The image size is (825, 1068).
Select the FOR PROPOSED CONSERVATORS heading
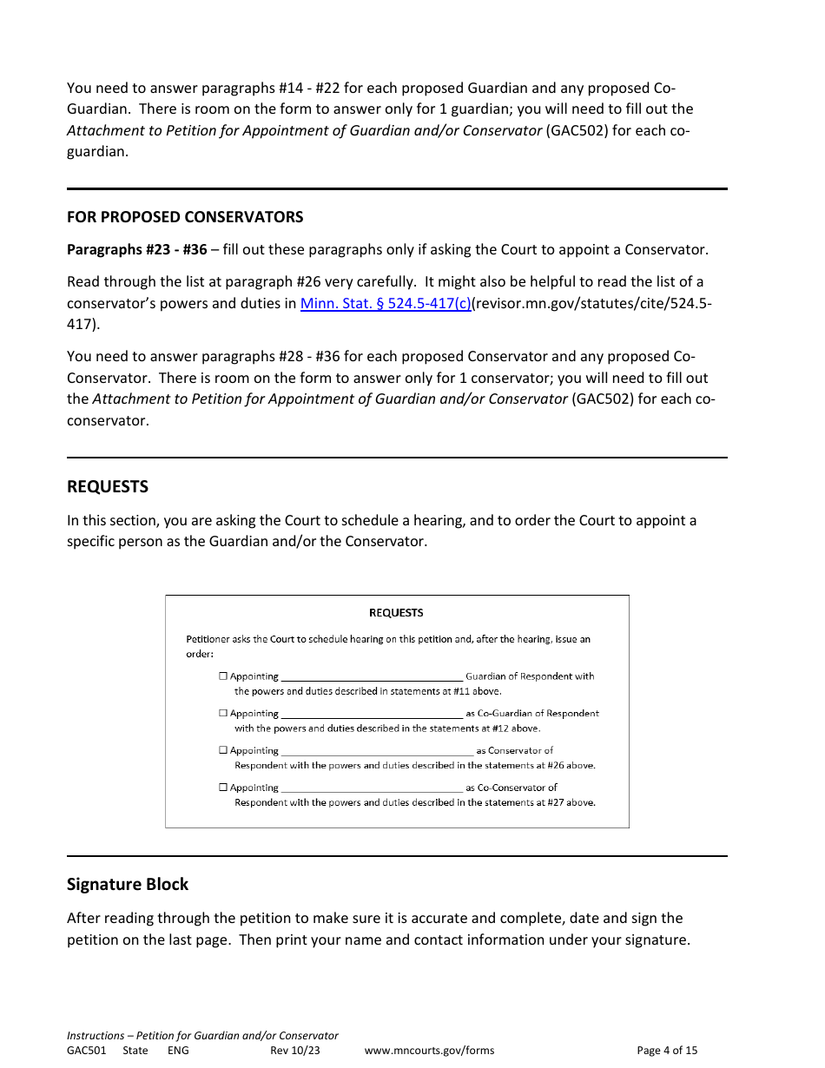click(185, 217)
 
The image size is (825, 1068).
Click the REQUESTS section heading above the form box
click(108, 487)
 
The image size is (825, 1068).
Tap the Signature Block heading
click(128, 885)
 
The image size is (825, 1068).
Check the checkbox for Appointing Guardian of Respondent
click(223, 676)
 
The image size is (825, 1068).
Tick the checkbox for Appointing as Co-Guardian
click(223, 714)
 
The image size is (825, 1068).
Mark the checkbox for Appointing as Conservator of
click(223, 750)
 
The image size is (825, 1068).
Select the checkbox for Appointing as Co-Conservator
click(223, 788)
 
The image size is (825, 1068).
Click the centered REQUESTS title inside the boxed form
click(396, 613)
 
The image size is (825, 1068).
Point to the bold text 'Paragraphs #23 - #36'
click(137, 250)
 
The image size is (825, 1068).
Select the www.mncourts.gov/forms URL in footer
click(429, 1051)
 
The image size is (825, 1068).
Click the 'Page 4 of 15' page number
click(667, 1051)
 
